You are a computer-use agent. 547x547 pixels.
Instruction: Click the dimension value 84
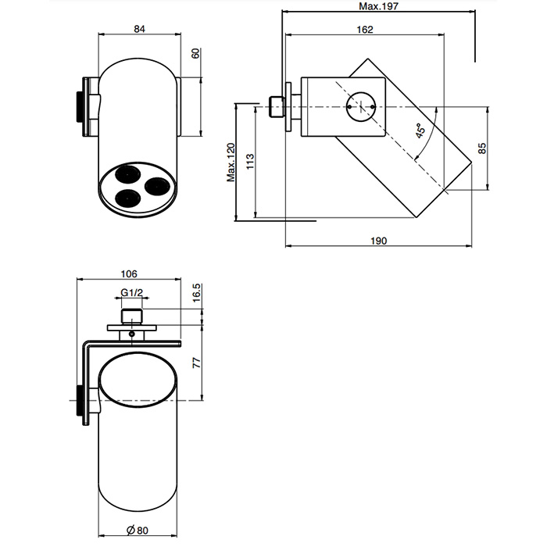(140, 29)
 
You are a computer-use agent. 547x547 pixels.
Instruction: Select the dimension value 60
(195, 54)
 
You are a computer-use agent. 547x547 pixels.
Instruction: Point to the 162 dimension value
(364, 30)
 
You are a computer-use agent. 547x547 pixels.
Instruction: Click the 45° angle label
(421, 132)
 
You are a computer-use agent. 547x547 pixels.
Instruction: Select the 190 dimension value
(378, 241)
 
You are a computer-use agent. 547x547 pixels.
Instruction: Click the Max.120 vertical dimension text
(231, 162)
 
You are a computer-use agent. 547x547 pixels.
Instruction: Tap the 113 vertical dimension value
(250, 162)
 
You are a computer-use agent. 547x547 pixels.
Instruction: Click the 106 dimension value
(130, 273)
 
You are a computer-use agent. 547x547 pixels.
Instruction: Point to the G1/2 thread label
(131, 294)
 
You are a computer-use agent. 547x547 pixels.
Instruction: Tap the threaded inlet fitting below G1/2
(132, 316)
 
